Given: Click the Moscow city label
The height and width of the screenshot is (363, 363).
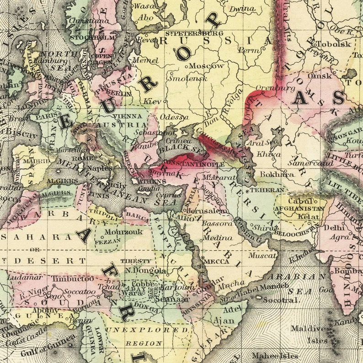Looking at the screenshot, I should click(x=208, y=66).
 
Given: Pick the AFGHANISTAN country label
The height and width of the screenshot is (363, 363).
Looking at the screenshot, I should click(x=299, y=208).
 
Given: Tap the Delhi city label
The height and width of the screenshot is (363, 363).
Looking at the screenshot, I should click(x=333, y=227).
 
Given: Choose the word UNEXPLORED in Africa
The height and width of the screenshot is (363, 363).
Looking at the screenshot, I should click(x=147, y=329).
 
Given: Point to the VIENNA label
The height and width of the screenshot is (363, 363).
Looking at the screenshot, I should click(x=124, y=117).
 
